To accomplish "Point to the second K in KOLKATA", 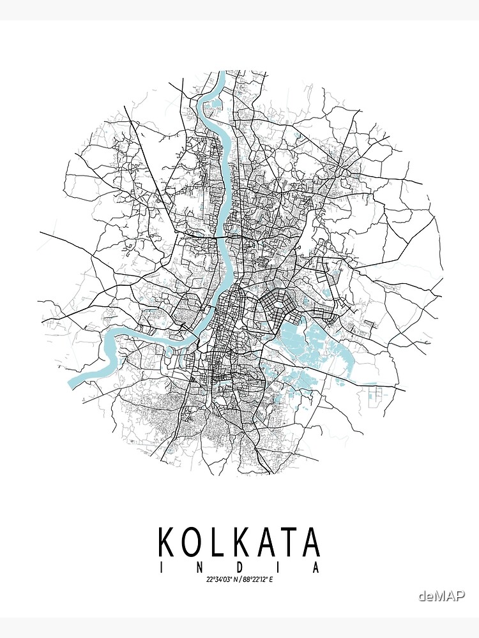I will pyautogui.click(x=241, y=542).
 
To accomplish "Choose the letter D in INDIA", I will pyautogui.click(x=239, y=568).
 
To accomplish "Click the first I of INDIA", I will pyautogui.click(x=162, y=568).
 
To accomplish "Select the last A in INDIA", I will pyautogui.click(x=315, y=568).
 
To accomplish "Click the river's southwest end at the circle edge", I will pyautogui.click(x=72, y=383).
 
